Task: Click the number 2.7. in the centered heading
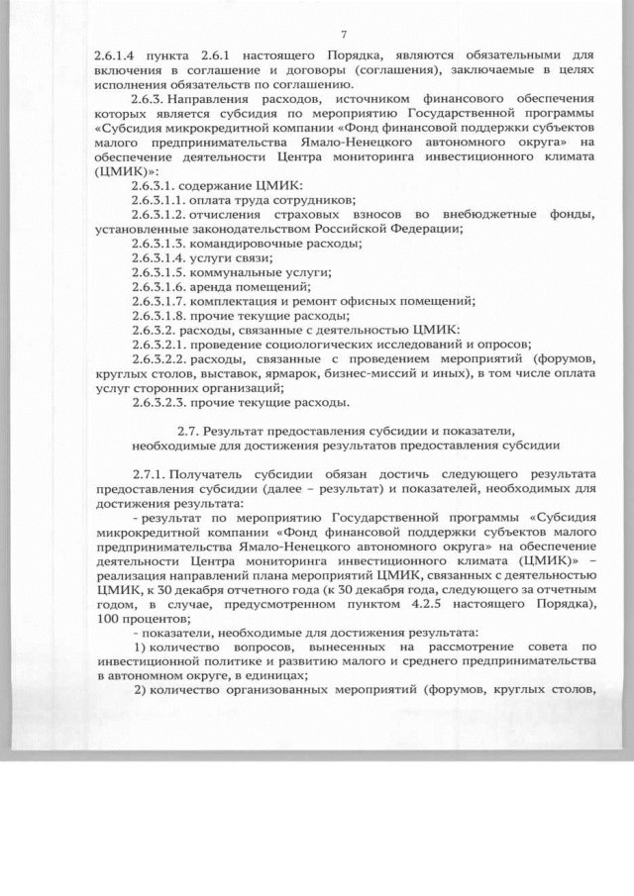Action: click(x=190, y=432)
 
